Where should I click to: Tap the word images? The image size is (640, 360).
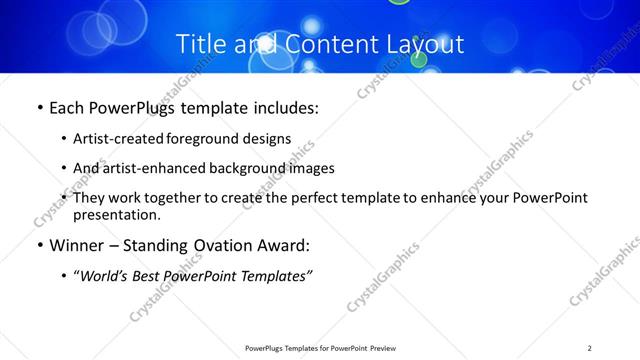click(x=311, y=168)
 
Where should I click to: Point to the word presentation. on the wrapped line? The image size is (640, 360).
click(x=117, y=214)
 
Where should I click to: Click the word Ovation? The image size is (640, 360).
click(x=231, y=244)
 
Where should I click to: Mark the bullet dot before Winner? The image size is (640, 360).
click(x=39, y=245)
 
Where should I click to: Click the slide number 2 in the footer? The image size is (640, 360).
click(x=590, y=348)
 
